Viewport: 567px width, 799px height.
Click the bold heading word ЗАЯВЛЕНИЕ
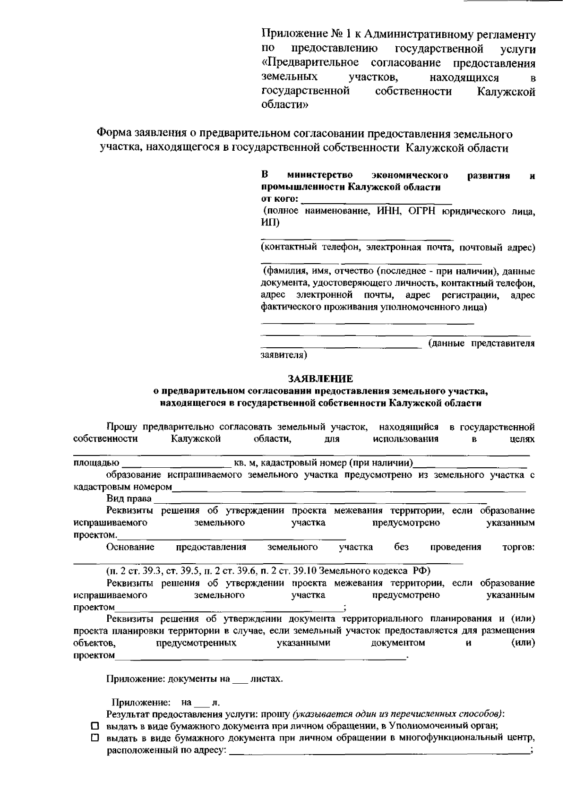tap(320, 379)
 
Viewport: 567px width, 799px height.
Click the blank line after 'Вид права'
tap(320, 499)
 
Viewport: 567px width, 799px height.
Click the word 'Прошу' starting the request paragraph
tap(121, 427)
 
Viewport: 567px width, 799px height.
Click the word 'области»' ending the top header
tap(284, 105)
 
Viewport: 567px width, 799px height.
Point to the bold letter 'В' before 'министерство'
tap(265, 176)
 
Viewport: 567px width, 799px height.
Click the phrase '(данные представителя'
tap(481, 344)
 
